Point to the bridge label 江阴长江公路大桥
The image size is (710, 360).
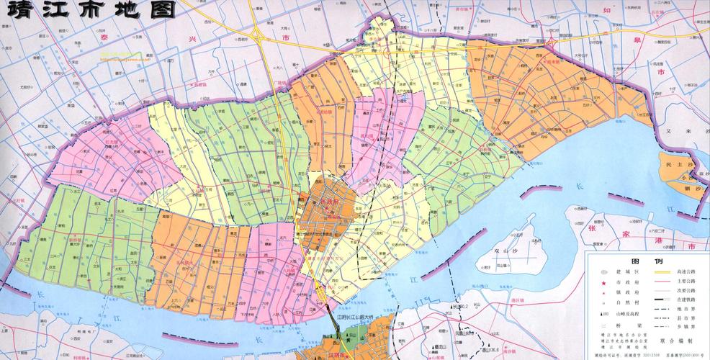[361, 317]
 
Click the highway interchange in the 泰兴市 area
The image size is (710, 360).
[256, 37]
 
